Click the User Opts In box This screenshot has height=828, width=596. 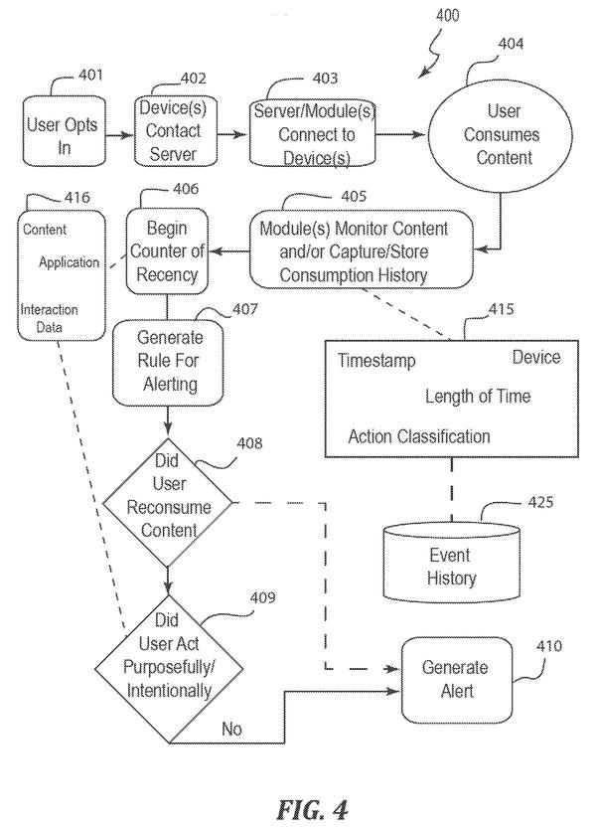(x=64, y=131)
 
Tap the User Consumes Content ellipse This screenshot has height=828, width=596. (x=500, y=135)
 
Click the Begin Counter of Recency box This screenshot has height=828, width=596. (x=167, y=250)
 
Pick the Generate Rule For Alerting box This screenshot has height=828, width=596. (x=169, y=362)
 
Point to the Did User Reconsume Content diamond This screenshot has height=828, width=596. (x=167, y=502)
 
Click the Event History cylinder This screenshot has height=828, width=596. (x=451, y=563)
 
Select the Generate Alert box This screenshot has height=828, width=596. (x=457, y=680)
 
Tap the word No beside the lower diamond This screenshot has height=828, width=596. (x=231, y=729)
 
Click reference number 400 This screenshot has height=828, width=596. (x=447, y=15)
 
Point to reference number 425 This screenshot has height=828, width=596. (x=540, y=502)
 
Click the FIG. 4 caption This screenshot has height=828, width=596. (x=313, y=809)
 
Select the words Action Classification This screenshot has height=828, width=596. (x=419, y=436)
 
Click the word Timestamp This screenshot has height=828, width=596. (x=376, y=361)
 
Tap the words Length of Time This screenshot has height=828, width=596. (x=478, y=396)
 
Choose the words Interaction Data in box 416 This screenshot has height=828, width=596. (x=49, y=318)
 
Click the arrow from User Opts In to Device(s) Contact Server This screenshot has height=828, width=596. (x=120, y=135)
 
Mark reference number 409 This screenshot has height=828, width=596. (x=263, y=597)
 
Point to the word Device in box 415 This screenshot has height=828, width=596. (x=536, y=358)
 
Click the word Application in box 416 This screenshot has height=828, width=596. (x=70, y=262)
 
